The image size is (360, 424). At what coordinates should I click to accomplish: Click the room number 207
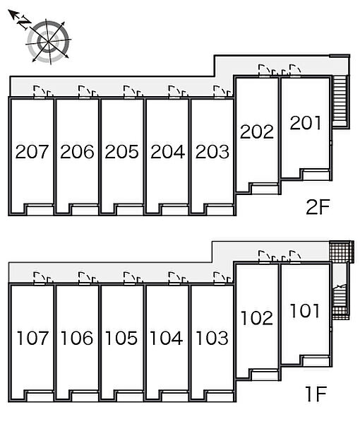(32, 151)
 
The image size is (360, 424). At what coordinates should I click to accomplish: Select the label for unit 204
(167, 151)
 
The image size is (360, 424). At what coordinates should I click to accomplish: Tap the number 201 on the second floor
(306, 123)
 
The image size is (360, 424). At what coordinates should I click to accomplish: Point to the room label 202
(256, 131)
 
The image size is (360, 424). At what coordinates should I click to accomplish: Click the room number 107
(32, 338)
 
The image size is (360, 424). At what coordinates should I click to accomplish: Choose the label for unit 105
(121, 338)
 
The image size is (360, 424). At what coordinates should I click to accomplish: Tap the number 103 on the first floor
(212, 338)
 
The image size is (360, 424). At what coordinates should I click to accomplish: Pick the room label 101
(305, 310)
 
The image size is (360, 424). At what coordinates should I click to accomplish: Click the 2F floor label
(318, 207)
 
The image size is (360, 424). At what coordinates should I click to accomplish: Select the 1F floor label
(316, 394)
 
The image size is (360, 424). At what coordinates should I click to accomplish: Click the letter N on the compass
(24, 22)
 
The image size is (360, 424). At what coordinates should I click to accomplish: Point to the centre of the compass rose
(49, 42)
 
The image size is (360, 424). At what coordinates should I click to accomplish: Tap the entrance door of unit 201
(295, 70)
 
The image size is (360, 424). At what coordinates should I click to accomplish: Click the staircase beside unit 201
(340, 101)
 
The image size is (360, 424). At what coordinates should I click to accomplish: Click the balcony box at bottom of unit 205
(130, 210)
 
